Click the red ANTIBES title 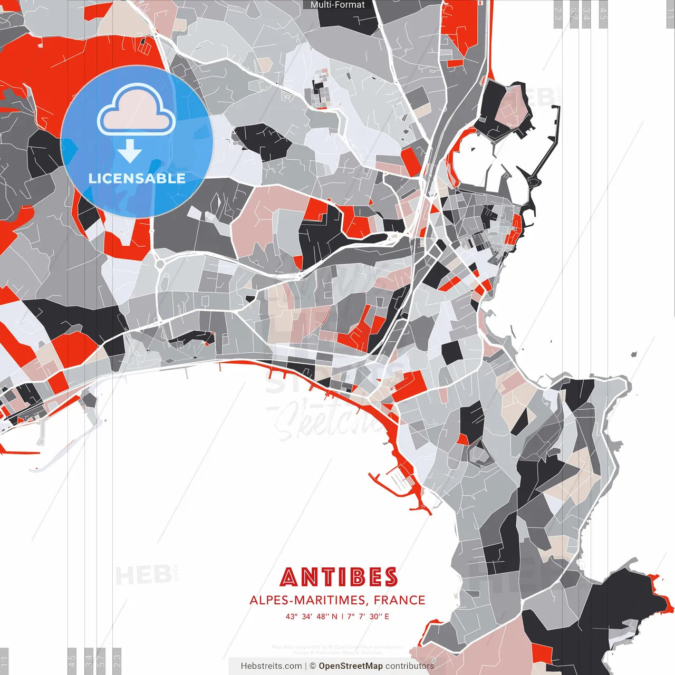click(x=339, y=577)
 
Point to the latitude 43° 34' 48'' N click(x=311, y=616)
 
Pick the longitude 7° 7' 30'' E click(x=368, y=616)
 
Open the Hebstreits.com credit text click(x=271, y=666)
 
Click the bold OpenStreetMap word click(x=350, y=666)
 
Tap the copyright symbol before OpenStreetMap click(x=312, y=666)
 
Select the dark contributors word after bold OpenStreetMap click(x=410, y=666)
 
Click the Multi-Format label click(x=337, y=5)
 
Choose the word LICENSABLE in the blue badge click(x=137, y=178)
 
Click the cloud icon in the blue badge click(x=137, y=110)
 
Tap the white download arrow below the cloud click(x=130, y=152)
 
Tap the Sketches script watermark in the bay click(x=327, y=422)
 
